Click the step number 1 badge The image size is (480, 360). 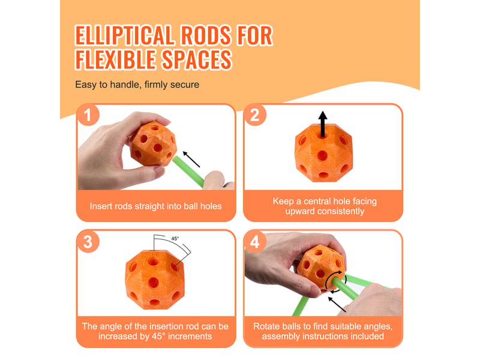tap(88, 115)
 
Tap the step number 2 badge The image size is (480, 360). tap(254, 115)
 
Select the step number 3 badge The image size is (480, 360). tap(88, 242)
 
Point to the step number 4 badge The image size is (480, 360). tap(254, 242)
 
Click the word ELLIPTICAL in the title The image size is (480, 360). tap(125, 35)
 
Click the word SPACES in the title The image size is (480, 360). tap(197, 59)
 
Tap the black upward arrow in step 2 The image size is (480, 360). tap(322, 124)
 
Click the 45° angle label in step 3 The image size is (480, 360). tap(175, 238)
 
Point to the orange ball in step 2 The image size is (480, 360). tap(323, 152)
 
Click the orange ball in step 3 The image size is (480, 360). tap(155, 280)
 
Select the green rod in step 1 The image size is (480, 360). tap(188, 172)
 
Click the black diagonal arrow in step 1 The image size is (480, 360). tap(191, 159)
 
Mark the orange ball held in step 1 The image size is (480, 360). tap(153, 143)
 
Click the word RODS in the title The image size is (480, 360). tap(206, 35)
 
